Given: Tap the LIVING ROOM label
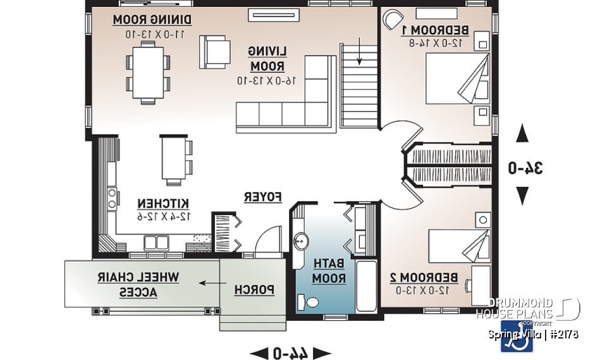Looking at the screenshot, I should click(x=267, y=58).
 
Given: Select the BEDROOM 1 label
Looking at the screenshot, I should click(x=443, y=30).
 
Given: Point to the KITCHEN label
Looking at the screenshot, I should click(x=163, y=203).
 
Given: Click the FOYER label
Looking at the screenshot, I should click(x=262, y=197).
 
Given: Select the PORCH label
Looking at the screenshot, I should click(x=254, y=290).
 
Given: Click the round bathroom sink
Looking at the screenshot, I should click(x=302, y=240).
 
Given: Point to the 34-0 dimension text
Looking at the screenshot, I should click(x=527, y=168).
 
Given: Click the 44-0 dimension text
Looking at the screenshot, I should click(x=290, y=353).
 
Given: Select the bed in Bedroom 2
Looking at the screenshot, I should click(x=458, y=249).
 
